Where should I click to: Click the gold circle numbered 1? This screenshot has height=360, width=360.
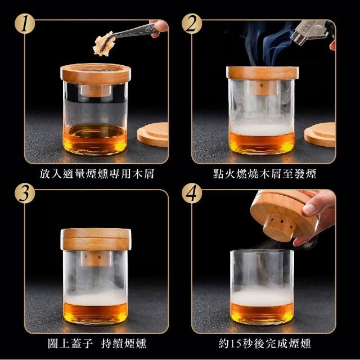(x=25, y=24)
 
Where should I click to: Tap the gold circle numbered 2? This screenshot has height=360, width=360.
(x=192, y=24)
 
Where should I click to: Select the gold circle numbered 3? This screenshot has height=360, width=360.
(x=25, y=193)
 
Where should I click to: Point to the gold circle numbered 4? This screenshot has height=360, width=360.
(x=192, y=193)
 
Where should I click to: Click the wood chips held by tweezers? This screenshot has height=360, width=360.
(x=103, y=43)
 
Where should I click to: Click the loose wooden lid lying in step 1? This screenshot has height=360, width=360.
(x=153, y=134)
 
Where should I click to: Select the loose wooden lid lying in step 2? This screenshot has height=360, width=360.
(x=320, y=134)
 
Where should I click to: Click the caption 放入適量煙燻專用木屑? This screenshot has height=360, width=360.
(x=97, y=174)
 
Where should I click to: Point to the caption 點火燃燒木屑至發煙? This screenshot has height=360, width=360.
(x=264, y=174)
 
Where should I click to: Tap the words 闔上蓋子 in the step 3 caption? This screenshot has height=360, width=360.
(x=70, y=344)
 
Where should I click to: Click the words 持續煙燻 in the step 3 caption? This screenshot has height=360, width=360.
(x=124, y=344)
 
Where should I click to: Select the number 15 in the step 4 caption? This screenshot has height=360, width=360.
(x=236, y=344)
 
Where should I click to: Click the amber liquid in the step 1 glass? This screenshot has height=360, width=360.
(x=95, y=138)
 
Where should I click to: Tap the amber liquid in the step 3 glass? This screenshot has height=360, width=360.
(x=95, y=312)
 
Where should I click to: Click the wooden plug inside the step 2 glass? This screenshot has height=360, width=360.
(x=262, y=88)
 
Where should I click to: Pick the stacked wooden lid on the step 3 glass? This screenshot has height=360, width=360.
(x=96, y=239)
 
